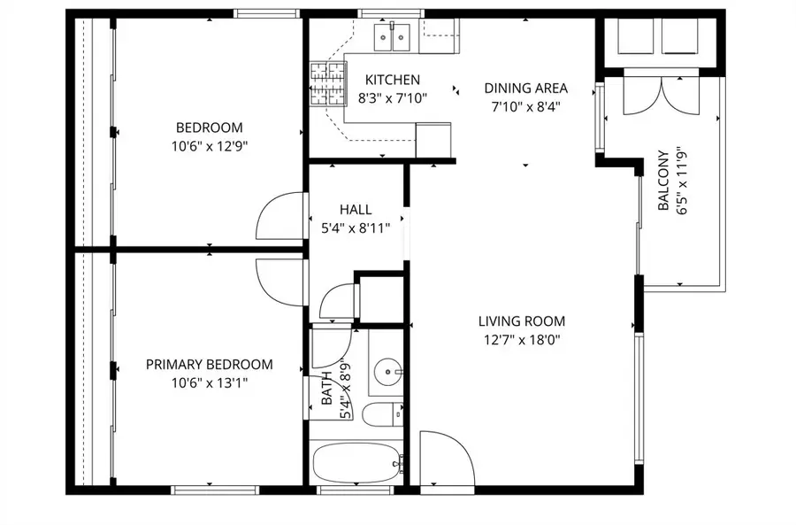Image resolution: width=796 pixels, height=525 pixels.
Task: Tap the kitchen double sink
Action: tap(392, 36)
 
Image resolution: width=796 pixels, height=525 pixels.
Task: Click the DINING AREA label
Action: tap(525, 89)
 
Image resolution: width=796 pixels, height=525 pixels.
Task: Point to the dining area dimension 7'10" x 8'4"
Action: tap(525, 106)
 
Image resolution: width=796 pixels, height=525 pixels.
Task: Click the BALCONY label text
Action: tap(663, 181)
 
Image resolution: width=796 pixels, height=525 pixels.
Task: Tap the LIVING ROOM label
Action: tap(521, 321)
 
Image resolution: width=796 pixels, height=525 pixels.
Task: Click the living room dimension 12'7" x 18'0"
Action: tap(521, 339)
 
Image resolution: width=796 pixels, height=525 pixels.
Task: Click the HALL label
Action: tap(356, 210)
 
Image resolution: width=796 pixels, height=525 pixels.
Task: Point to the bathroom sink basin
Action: tap(387, 373)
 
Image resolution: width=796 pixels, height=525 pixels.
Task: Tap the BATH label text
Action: tap(328, 390)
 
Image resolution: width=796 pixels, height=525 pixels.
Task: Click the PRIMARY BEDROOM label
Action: tap(209, 364)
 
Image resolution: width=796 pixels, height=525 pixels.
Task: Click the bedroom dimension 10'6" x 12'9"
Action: tap(209, 146)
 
